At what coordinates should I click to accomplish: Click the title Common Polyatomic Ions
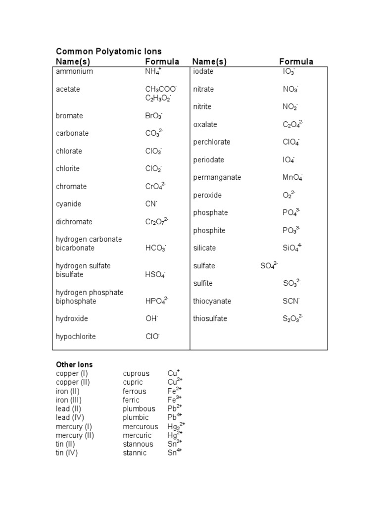pyautogui.click(x=108, y=51)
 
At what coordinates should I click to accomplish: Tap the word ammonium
pyautogui.click(x=74, y=71)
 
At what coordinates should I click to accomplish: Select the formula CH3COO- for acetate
pyautogui.click(x=161, y=89)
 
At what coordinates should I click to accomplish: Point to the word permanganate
pyautogui.click(x=217, y=177)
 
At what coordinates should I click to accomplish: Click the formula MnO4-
pyautogui.click(x=292, y=177)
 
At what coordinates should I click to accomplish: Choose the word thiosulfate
pyautogui.click(x=210, y=318)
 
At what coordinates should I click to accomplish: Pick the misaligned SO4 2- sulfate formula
pyautogui.click(x=269, y=266)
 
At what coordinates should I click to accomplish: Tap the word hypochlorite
pyautogui.click(x=76, y=337)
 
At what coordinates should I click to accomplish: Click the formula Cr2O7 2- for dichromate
pyautogui.click(x=156, y=222)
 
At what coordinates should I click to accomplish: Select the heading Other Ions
pyautogui.click(x=74, y=364)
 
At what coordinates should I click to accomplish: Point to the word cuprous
pyautogui.click(x=136, y=373)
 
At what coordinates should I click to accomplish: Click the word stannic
pyautogui.click(x=135, y=453)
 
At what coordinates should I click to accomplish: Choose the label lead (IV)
pyautogui.click(x=70, y=417)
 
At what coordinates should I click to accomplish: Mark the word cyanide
pyautogui.click(x=69, y=204)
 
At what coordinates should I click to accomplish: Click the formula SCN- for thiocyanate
pyautogui.click(x=291, y=301)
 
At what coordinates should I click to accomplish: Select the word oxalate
pyautogui.click(x=205, y=124)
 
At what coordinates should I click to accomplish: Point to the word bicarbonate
pyautogui.click(x=75, y=248)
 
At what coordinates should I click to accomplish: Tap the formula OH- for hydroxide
pyautogui.click(x=151, y=319)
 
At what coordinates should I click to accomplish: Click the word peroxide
pyautogui.click(x=207, y=195)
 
